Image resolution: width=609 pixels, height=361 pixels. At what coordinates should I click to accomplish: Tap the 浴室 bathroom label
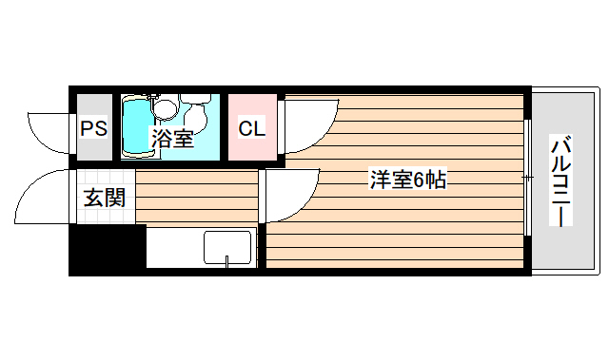tap(172, 140)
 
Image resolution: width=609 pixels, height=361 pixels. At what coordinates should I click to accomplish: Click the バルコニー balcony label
tap(560, 180)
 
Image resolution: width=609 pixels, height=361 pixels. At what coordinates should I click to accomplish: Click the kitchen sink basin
tap(226, 247)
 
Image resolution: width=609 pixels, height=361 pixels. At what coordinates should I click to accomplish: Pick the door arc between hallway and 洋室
tap(290, 195)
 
